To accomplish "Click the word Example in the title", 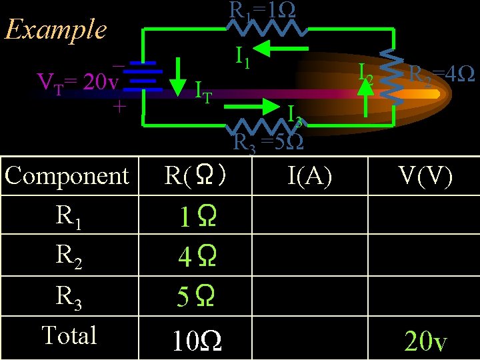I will click(55, 29).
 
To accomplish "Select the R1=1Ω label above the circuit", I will click(263, 9).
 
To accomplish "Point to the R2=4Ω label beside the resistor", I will click(441, 73).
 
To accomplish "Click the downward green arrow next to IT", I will click(177, 77).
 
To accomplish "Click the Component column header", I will click(67, 176).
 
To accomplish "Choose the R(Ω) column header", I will click(197, 176).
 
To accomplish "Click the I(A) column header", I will click(310, 176).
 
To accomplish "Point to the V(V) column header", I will click(425, 176).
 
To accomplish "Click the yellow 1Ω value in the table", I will click(196, 217).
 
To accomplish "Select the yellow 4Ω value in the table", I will click(196, 257).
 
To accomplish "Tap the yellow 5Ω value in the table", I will click(196, 297).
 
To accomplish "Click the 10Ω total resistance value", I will click(197, 342).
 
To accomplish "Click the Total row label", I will click(69, 335).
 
